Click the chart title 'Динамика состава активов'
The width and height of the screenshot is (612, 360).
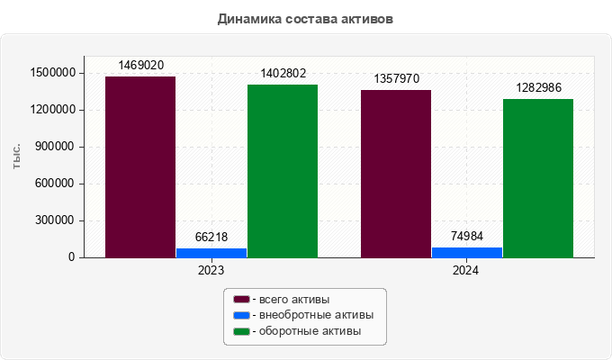(305, 18)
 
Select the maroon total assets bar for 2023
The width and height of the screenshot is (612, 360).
(140, 166)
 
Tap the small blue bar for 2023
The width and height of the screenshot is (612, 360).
(211, 253)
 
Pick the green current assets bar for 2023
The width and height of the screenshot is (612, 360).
(283, 171)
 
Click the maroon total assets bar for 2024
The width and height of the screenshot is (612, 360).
(396, 174)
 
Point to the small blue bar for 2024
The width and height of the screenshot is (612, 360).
(467, 252)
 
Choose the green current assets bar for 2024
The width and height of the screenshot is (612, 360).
(538, 178)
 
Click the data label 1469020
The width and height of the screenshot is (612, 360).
(140, 66)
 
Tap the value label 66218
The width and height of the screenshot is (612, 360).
(211, 237)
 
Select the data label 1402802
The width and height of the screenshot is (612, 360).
(283, 73)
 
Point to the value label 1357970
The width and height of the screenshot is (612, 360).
(396, 79)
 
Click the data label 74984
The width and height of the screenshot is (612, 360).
(467, 236)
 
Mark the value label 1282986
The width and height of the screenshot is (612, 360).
(538, 87)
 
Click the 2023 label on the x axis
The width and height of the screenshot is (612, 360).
(211, 270)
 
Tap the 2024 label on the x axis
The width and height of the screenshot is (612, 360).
(466, 270)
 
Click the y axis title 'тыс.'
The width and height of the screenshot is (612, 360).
(17, 157)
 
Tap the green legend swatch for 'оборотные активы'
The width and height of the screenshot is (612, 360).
(241, 332)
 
